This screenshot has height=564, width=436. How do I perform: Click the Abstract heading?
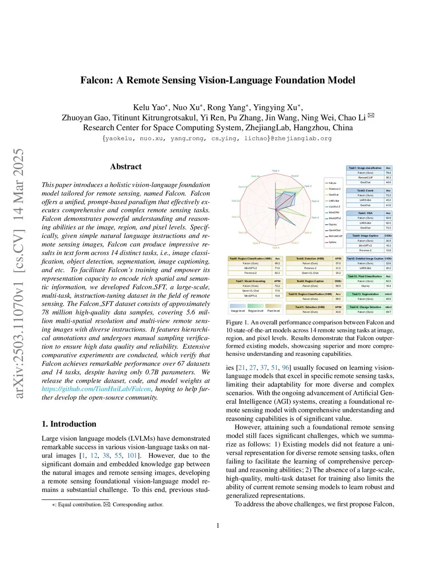pos(126,166)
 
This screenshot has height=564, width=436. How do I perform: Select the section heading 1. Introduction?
pos(69,424)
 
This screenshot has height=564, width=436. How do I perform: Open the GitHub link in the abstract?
pos(96,389)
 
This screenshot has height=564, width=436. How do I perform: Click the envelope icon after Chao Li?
pos(370,115)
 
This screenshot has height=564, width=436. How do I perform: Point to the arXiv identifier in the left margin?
pos(18,273)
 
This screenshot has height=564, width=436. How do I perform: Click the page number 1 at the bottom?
pos(218,526)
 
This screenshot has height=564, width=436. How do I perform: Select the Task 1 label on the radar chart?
pos(275,171)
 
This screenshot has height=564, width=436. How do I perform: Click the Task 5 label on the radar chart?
pos(315,218)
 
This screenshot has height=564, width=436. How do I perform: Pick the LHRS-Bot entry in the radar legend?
pos(334,200)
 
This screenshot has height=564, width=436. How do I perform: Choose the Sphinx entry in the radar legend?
pos(333,242)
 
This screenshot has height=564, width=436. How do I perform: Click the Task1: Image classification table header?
pos(365,168)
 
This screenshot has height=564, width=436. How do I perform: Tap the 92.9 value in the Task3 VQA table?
pos(388,218)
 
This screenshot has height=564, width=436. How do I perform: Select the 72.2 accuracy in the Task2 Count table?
pos(388,195)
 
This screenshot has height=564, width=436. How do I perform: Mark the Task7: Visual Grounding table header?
pos(250,281)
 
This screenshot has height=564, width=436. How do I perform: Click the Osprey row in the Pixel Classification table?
pos(365,286)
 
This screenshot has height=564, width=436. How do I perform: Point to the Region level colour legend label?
pos(255,311)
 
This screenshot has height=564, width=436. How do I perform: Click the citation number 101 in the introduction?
pos(132,455)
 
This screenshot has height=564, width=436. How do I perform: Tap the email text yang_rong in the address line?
pos(187,138)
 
